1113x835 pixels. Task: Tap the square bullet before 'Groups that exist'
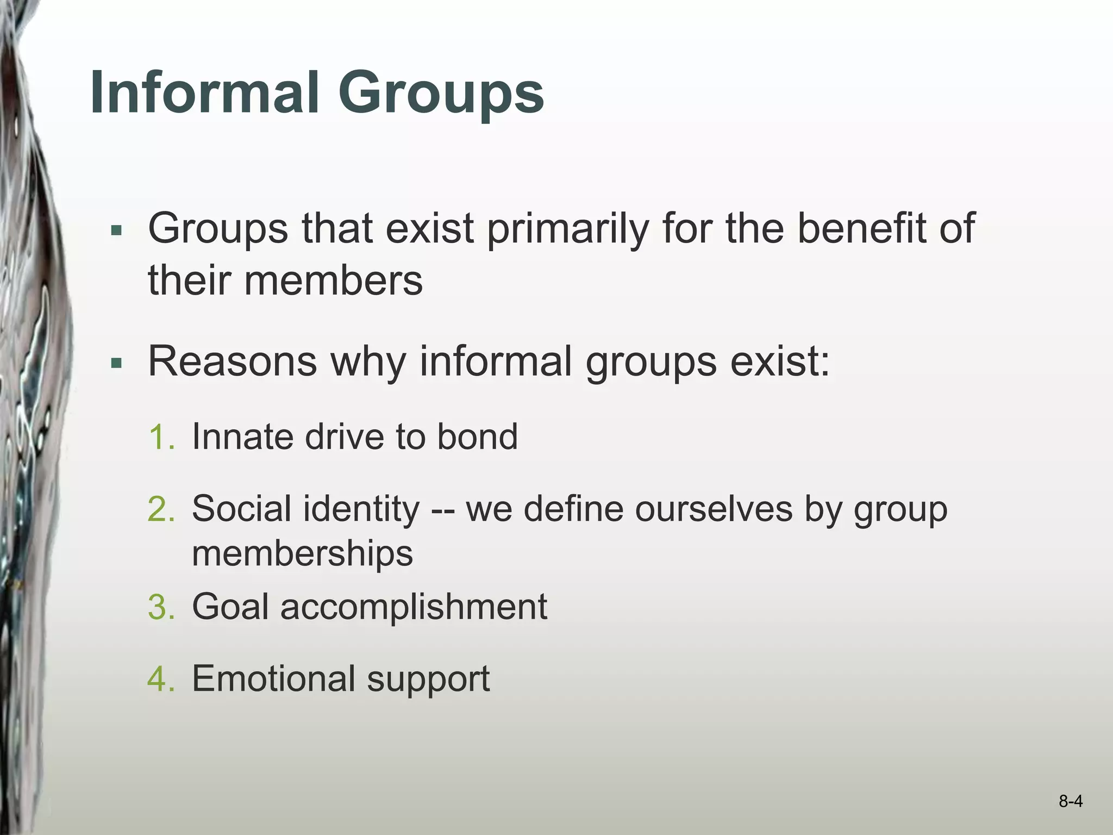click(x=116, y=230)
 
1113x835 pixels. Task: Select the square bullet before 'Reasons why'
click(x=116, y=363)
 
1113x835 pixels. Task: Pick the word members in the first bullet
click(x=333, y=281)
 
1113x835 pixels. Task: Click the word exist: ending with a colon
click(x=780, y=361)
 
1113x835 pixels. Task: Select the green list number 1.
click(x=161, y=437)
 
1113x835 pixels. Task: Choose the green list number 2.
click(x=161, y=509)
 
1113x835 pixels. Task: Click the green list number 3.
click(x=161, y=607)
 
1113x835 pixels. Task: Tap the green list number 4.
click(x=161, y=678)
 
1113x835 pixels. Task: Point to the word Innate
click(x=242, y=437)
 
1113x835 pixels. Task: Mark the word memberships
click(x=302, y=554)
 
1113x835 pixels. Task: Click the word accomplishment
click(x=413, y=607)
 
